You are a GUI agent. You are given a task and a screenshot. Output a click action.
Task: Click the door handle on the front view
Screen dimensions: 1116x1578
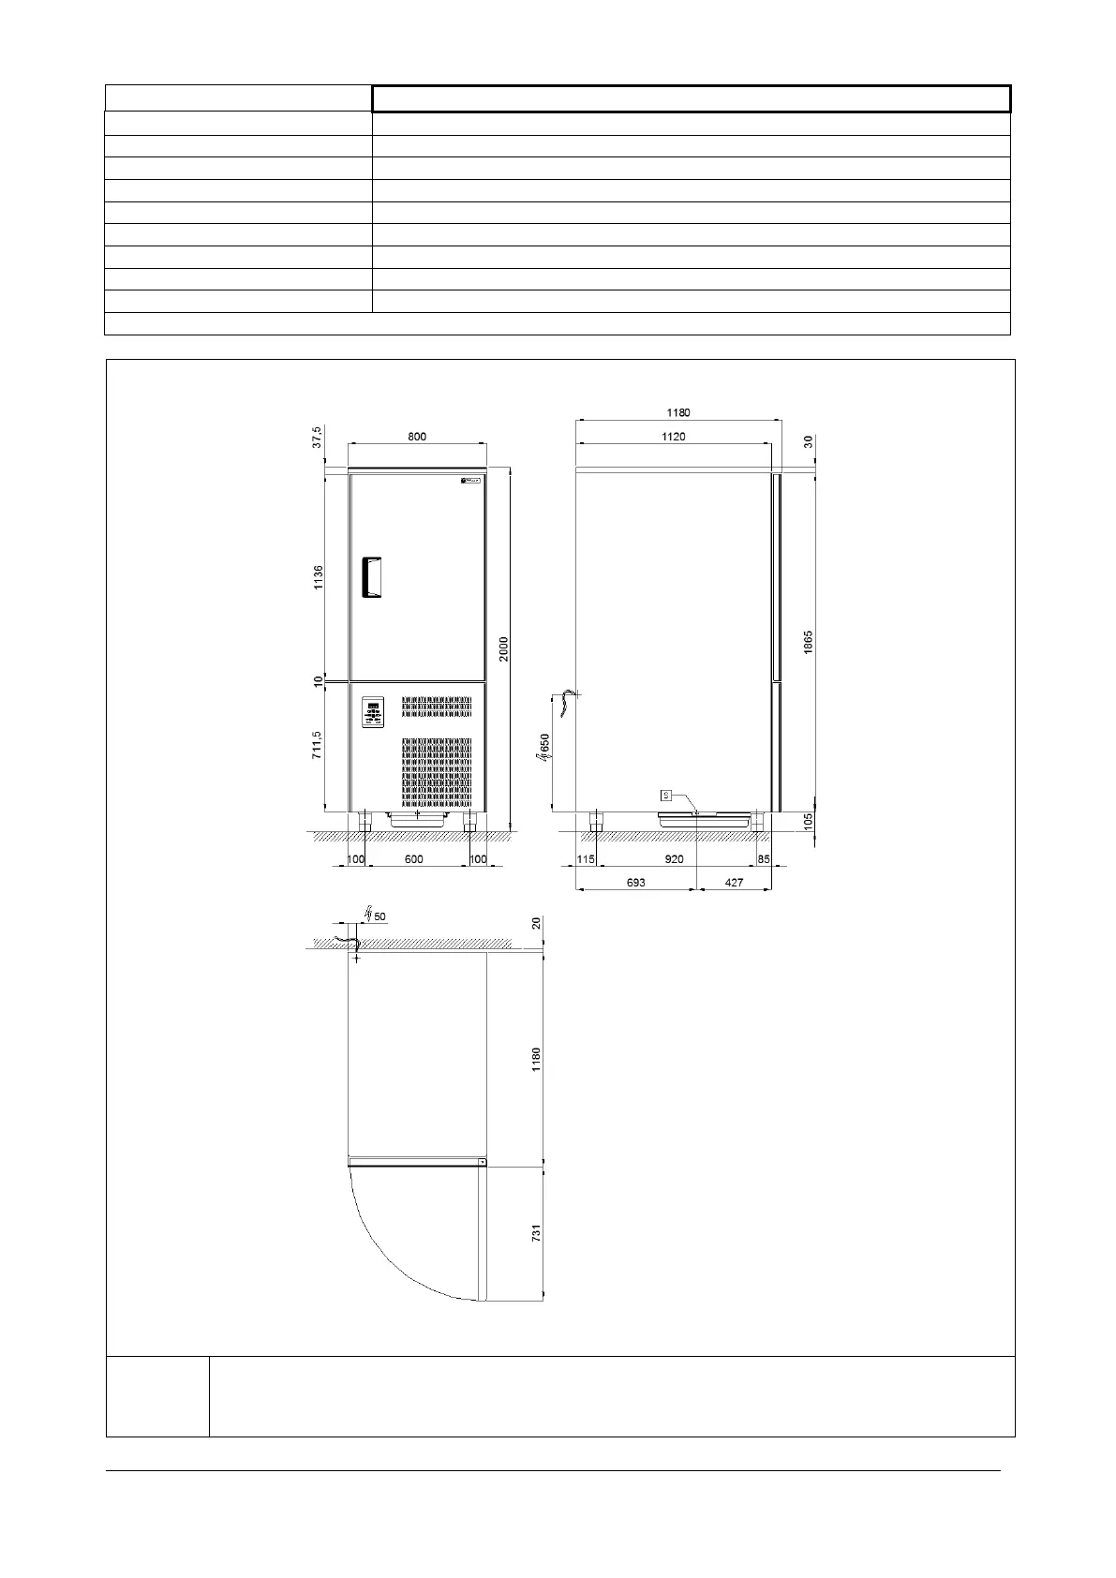click(x=371, y=577)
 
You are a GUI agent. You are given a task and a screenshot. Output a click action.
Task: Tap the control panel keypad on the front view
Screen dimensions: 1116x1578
click(x=374, y=711)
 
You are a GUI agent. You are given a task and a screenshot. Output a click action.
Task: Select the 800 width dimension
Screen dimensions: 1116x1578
click(x=417, y=437)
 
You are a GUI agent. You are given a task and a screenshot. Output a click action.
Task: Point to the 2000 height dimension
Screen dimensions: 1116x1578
click(x=504, y=648)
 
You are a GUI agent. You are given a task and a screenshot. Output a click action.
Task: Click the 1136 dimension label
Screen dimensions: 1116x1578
click(x=319, y=577)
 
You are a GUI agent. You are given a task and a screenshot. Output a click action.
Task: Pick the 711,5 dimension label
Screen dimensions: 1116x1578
click(x=317, y=745)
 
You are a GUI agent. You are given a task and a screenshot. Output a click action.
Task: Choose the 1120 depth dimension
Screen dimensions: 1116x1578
click(x=674, y=437)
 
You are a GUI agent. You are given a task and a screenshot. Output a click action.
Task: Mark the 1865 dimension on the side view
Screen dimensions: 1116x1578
click(x=808, y=642)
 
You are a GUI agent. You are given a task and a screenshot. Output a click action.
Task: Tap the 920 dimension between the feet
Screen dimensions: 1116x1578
click(x=675, y=859)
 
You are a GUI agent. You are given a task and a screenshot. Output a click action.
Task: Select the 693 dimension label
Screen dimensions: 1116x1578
click(x=635, y=883)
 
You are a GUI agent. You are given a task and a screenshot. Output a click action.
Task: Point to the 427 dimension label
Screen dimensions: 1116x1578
click(x=734, y=883)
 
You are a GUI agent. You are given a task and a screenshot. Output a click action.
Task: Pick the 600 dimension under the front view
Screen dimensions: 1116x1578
click(x=414, y=859)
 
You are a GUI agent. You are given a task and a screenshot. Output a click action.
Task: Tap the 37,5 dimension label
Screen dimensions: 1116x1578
click(x=317, y=437)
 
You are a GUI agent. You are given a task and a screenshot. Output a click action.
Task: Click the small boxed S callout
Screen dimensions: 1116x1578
click(x=666, y=796)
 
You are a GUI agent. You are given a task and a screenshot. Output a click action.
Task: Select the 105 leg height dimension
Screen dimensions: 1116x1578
click(x=808, y=821)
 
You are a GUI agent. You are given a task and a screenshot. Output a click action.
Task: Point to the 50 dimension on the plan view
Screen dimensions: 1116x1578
click(x=379, y=916)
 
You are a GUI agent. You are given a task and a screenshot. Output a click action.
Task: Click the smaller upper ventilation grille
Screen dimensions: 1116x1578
click(x=437, y=707)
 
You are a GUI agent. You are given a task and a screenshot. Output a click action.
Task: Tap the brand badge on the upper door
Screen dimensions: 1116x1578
click(x=470, y=482)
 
